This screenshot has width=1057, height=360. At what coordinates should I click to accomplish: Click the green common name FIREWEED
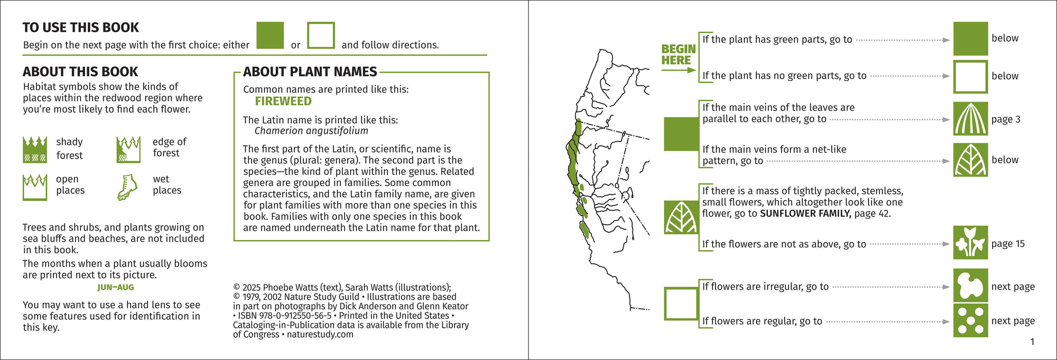point(283,101)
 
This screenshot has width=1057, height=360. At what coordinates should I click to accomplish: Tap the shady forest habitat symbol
point(35,149)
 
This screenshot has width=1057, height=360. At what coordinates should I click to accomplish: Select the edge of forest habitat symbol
point(128,149)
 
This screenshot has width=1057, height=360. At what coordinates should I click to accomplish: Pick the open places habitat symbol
point(35,187)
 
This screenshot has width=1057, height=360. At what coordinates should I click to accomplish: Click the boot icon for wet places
point(127,187)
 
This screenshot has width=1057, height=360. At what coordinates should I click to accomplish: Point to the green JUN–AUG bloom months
point(116,288)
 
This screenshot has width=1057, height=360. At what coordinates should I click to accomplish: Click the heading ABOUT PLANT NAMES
point(310,72)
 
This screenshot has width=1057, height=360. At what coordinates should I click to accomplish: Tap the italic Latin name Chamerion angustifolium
point(311,131)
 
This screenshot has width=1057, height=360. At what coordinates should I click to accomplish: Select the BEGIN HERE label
point(678,54)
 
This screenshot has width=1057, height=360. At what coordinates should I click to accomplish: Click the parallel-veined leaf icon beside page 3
point(970,119)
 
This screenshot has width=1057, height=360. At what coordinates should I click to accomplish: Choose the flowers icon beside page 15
point(970,243)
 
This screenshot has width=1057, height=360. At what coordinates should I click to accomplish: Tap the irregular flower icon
point(970,286)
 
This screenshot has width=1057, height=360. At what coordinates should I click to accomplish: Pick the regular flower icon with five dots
point(970,320)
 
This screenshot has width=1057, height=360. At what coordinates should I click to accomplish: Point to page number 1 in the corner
point(1032,342)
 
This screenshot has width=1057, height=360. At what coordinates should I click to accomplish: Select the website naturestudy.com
point(320,334)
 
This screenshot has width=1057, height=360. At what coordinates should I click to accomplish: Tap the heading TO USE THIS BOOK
point(80,27)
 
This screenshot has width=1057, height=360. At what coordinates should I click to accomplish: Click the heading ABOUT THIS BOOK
point(80,72)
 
